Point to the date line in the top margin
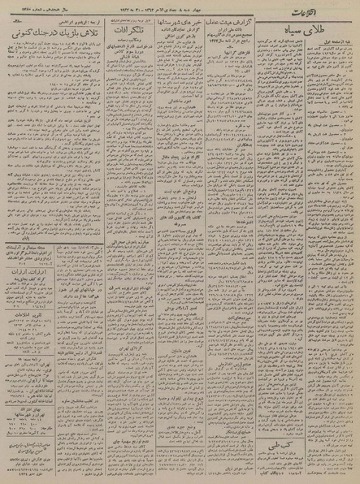click(179, 6)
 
